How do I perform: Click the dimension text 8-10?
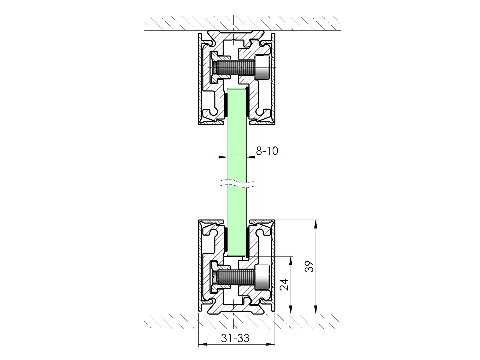point(267,151)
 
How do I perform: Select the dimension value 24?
point(284,285)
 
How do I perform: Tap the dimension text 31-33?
point(235,338)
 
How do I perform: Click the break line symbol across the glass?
point(236,184)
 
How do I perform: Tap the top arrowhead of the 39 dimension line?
point(315,224)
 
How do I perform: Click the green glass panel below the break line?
point(236,206)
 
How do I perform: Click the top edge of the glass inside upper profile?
point(236,89)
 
